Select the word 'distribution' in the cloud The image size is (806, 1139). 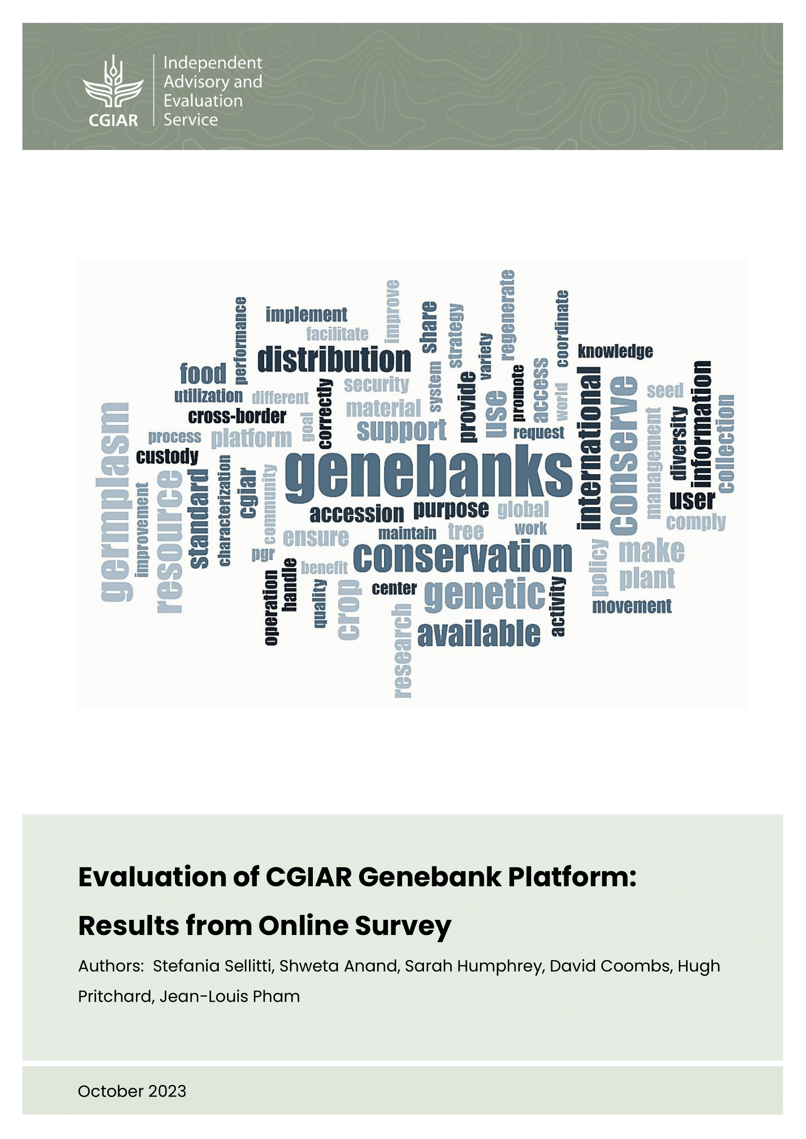(x=334, y=360)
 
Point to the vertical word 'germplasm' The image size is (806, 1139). (x=115, y=502)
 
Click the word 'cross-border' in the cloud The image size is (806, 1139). (x=237, y=416)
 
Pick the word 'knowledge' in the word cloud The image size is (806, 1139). (x=615, y=351)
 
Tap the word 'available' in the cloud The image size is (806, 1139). (x=479, y=634)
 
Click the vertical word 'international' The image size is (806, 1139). (x=589, y=448)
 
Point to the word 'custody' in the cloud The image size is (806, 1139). (x=167, y=456)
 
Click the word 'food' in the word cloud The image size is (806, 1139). (x=203, y=373)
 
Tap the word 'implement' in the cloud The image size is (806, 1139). (x=306, y=315)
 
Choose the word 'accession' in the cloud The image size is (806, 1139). (x=356, y=514)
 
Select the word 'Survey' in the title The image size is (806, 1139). (x=403, y=926)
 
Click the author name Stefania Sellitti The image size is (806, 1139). (x=213, y=966)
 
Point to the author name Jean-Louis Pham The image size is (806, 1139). (x=230, y=996)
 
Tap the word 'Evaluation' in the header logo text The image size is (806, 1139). (x=203, y=101)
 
